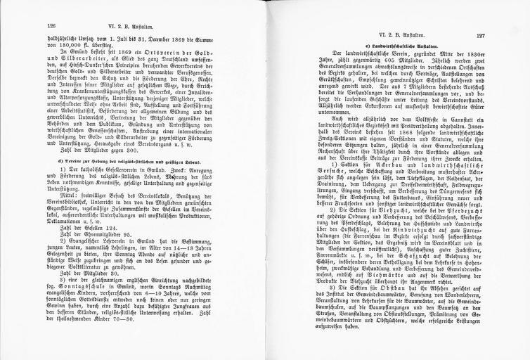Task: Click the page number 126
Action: pos(32,23)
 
